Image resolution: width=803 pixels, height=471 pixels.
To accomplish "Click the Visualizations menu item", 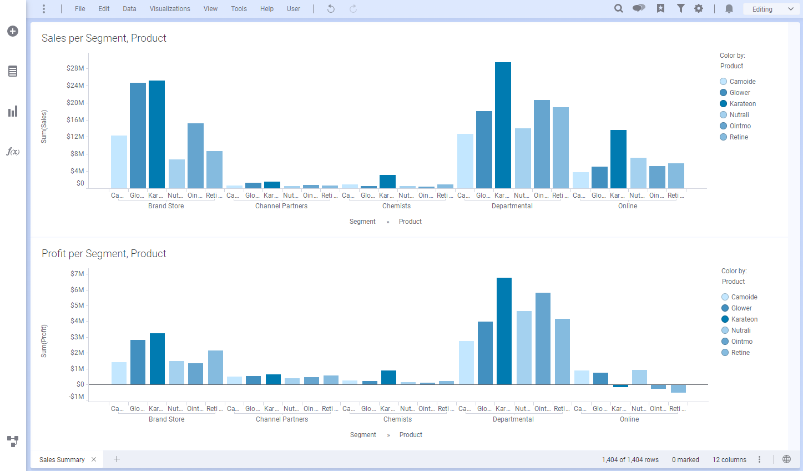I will [170, 9].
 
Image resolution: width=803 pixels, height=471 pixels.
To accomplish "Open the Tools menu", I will [239, 9].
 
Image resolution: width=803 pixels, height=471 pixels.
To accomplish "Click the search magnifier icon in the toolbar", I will [618, 8].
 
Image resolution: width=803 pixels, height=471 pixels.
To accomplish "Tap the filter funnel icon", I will [680, 8].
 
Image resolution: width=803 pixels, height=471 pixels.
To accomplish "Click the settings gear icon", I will [699, 8].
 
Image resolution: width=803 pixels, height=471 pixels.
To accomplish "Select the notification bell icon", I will [729, 8].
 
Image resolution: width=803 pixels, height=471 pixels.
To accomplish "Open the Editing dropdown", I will [772, 9].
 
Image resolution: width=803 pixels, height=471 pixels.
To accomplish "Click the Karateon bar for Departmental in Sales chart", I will [503, 125].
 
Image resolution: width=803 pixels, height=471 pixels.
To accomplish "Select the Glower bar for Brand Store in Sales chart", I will [138, 136].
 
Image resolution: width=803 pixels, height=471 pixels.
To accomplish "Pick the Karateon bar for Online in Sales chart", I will [618, 159].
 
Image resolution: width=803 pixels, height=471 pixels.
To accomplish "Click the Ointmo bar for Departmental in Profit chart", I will [543, 338].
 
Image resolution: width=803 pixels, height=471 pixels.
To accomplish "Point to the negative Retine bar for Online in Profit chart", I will [678, 388].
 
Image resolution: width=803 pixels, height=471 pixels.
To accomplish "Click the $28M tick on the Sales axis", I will [75, 68].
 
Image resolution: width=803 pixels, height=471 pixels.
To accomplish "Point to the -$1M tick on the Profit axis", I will [77, 397].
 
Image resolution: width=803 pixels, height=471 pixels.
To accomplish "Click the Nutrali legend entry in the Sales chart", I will [739, 115].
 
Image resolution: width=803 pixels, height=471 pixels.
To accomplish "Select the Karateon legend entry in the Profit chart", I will [744, 319].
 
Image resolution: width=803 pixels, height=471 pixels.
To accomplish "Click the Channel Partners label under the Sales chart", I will [281, 206].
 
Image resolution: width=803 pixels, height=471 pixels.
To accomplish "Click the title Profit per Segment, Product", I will [104, 254].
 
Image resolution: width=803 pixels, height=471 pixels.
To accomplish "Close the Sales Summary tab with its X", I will [94, 459].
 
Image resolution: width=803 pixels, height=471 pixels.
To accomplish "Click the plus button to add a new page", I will [117, 459].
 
